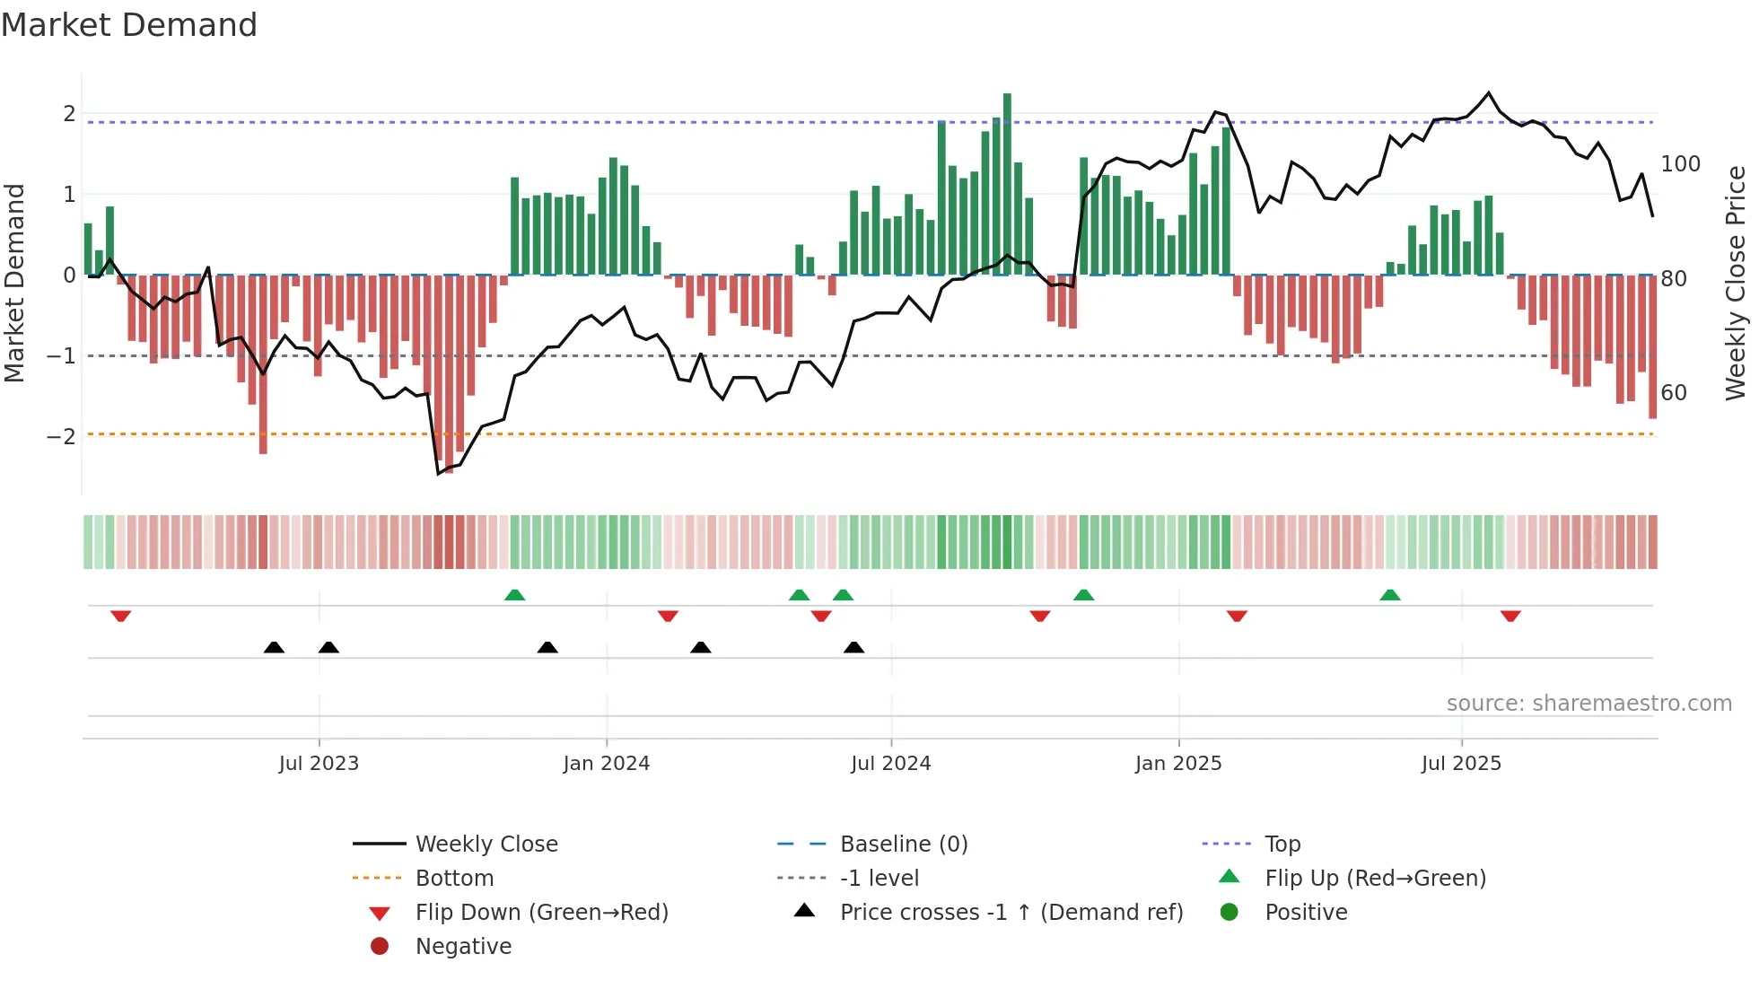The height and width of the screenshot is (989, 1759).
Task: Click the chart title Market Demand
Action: pos(129,25)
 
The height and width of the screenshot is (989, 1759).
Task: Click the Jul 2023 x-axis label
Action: pos(319,764)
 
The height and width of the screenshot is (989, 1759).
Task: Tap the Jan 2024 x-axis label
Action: pos(606,764)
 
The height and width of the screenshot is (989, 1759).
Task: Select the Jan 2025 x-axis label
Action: pos(1177,764)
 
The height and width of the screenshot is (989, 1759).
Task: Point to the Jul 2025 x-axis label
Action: pos(1460,764)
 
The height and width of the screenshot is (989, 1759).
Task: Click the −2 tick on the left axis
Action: pos(61,437)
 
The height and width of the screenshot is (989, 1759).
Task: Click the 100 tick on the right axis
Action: pos(1680,164)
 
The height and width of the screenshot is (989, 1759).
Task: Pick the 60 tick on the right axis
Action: pos(1674,393)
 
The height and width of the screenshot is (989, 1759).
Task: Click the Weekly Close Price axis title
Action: pos(1736,283)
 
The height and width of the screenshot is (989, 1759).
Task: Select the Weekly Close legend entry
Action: pos(486,845)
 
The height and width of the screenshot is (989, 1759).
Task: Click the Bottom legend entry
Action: pos(454,879)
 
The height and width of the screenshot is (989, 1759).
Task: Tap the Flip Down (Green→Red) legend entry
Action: pos(541,913)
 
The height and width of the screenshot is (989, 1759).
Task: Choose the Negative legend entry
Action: pos(463,947)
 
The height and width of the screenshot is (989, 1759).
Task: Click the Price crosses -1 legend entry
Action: pos(1011,913)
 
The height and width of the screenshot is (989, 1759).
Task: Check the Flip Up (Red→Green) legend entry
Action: pos(1375,879)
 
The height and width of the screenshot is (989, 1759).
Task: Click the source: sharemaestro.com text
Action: pos(1588,704)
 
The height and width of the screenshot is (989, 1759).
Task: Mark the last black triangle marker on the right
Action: pos(854,647)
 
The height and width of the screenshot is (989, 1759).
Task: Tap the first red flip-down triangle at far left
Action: pos(121,616)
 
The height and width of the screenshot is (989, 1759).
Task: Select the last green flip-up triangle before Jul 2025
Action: pos(1389,595)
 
